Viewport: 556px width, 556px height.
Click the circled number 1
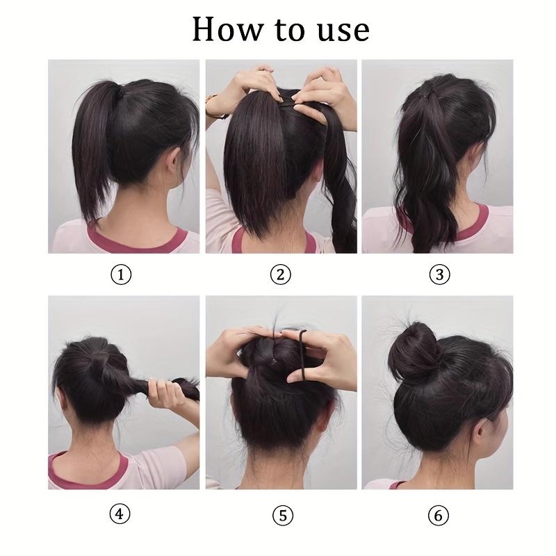point(122,275)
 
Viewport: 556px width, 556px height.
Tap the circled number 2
point(280,275)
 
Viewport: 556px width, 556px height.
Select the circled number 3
point(439,275)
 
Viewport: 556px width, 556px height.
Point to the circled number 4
point(122,515)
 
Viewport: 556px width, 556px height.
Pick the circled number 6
point(439,515)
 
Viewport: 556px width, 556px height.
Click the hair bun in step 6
point(415,352)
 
